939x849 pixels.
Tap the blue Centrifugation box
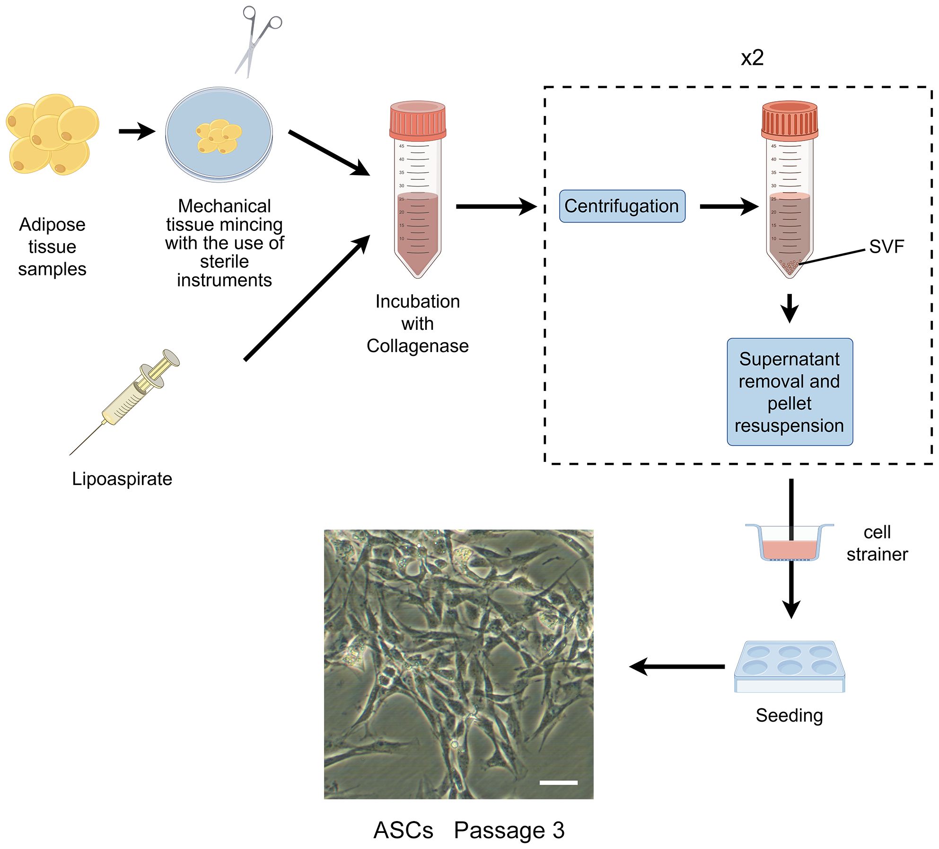click(622, 206)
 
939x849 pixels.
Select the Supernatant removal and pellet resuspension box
click(789, 392)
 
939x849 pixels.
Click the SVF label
click(886, 247)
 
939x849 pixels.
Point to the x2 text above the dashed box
click(752, 58)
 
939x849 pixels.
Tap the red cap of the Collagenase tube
click(417, 120)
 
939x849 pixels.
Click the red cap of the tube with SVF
click(789, 120)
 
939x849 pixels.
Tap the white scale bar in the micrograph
click(558, 782)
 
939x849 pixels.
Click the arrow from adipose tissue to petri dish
click(137, 131)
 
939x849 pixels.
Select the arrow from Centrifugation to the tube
click(728, 206)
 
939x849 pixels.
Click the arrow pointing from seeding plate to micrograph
click(676, 666)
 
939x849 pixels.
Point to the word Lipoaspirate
click(122, 479)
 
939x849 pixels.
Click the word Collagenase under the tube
click(417, 346)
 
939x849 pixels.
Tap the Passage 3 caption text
click(509, 831)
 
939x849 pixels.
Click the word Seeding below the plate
click(789, 715)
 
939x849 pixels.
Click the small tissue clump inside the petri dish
click(219, 136)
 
